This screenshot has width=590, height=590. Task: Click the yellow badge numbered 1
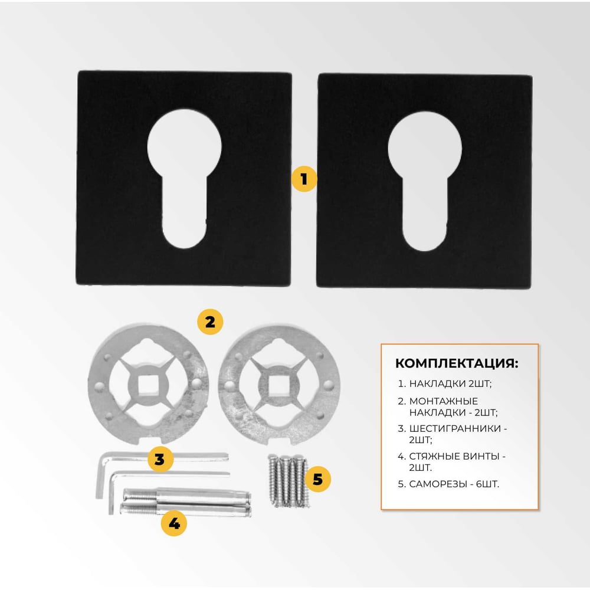coord(304,179)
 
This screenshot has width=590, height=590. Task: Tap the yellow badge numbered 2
coord(211,322)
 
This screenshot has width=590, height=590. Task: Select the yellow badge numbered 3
coord(160,460)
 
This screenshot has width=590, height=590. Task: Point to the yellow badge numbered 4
coord(174,523)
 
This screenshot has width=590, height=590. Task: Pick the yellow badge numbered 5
coord(318,479)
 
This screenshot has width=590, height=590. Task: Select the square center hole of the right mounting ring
coord(278,385)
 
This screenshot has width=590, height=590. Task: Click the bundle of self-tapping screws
coord(289,480)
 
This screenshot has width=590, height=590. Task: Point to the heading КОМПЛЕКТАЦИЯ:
coord(457,363)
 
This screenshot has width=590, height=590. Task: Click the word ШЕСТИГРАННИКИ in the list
coord(455,428)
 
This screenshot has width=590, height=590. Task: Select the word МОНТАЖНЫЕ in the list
coord(443,401)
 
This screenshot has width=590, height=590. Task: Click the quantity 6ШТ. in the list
coord(488,484)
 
